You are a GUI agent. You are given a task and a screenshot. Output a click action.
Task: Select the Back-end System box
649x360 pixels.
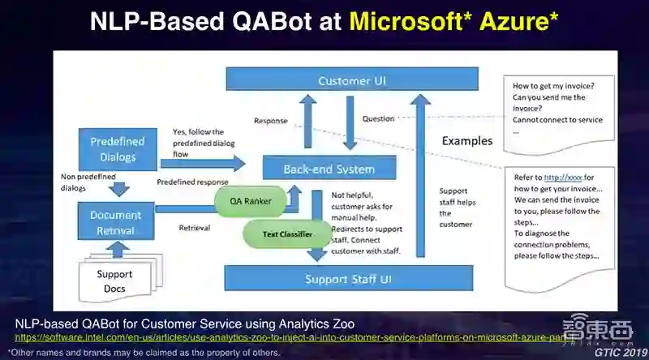tap(329, 169)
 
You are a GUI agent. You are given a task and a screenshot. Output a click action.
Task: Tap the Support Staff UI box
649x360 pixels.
tap(348, 279)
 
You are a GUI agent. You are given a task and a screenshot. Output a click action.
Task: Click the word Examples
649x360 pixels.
tap(466, 140)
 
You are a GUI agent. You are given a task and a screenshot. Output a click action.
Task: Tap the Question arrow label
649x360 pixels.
tap(378, 118)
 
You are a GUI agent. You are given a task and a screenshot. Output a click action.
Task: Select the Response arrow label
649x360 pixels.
tap(271, 121)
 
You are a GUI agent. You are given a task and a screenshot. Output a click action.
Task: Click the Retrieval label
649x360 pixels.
tap(195, 228)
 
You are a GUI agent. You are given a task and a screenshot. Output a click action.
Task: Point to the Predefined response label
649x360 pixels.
tap(193, 182)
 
